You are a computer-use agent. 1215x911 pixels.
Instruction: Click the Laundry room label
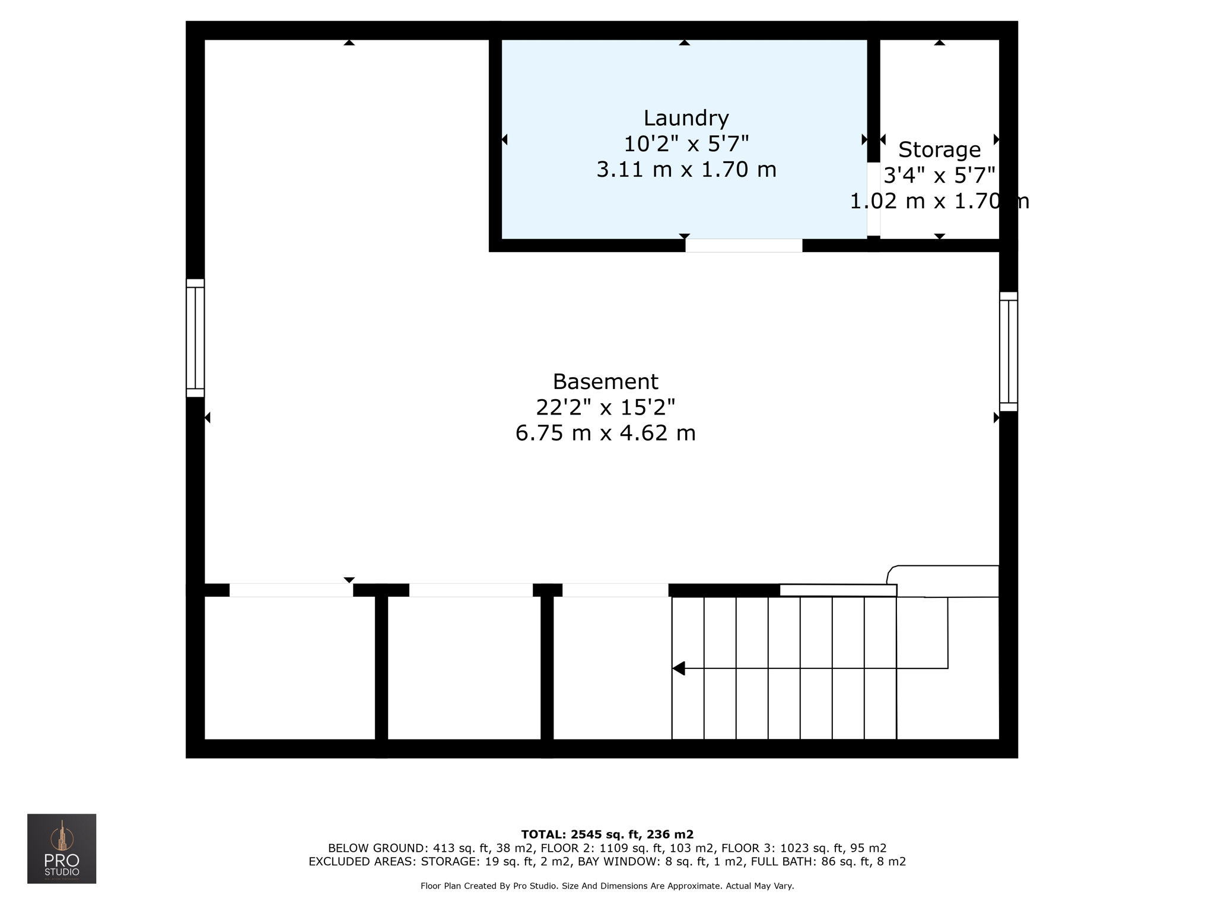(x=686, y=119)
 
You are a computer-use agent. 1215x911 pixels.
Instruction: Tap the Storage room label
(x=939, y=150)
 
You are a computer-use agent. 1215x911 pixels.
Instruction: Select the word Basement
(x=605, y=381)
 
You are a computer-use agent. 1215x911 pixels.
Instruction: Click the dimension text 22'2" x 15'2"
(x=605, y=407)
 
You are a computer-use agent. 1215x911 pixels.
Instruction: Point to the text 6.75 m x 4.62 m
(x=605, y=434)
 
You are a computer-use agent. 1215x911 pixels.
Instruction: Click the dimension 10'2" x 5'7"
(x=686, y=144)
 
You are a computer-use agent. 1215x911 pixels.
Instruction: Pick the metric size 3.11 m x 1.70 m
(x=686, y=170)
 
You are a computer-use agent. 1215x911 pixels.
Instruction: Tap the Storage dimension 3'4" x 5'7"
(x=939, y=176)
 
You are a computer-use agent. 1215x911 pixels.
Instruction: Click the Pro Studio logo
(x=62, y=849)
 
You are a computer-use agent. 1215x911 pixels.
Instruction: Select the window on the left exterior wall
(x=195, y=338)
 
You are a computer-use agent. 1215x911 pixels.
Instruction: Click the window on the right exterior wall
(x=1008, y=351)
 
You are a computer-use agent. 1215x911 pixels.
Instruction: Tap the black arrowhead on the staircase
(x=679, y=668)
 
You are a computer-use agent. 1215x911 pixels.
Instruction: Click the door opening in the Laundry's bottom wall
(x=743, y=246)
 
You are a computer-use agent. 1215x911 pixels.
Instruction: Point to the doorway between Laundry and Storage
(x=873, y=199)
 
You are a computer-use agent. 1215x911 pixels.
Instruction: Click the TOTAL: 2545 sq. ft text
(x=607, y=834)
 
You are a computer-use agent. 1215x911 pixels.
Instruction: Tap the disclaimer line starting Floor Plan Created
(x=607, y=886)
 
